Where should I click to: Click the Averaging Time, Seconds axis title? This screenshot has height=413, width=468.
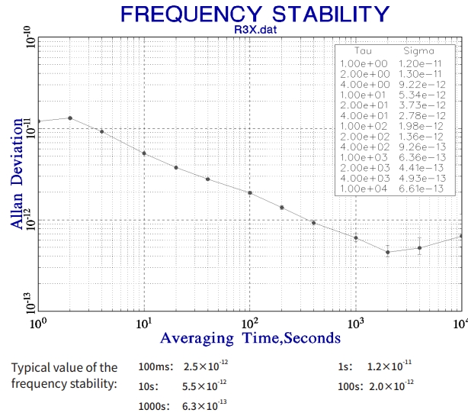(249, 337)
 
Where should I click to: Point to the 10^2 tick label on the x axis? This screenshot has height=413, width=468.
(249, 322)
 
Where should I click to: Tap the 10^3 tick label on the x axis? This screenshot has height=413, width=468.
(354, 322)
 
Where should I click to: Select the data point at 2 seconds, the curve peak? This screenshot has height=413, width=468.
(70, 118)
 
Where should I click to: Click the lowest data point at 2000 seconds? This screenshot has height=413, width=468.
(388, 252)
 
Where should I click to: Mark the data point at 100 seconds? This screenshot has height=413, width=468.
(249, 192)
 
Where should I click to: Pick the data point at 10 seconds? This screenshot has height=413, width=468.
(144, 153)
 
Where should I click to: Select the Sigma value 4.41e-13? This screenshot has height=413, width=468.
(424, 167)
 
